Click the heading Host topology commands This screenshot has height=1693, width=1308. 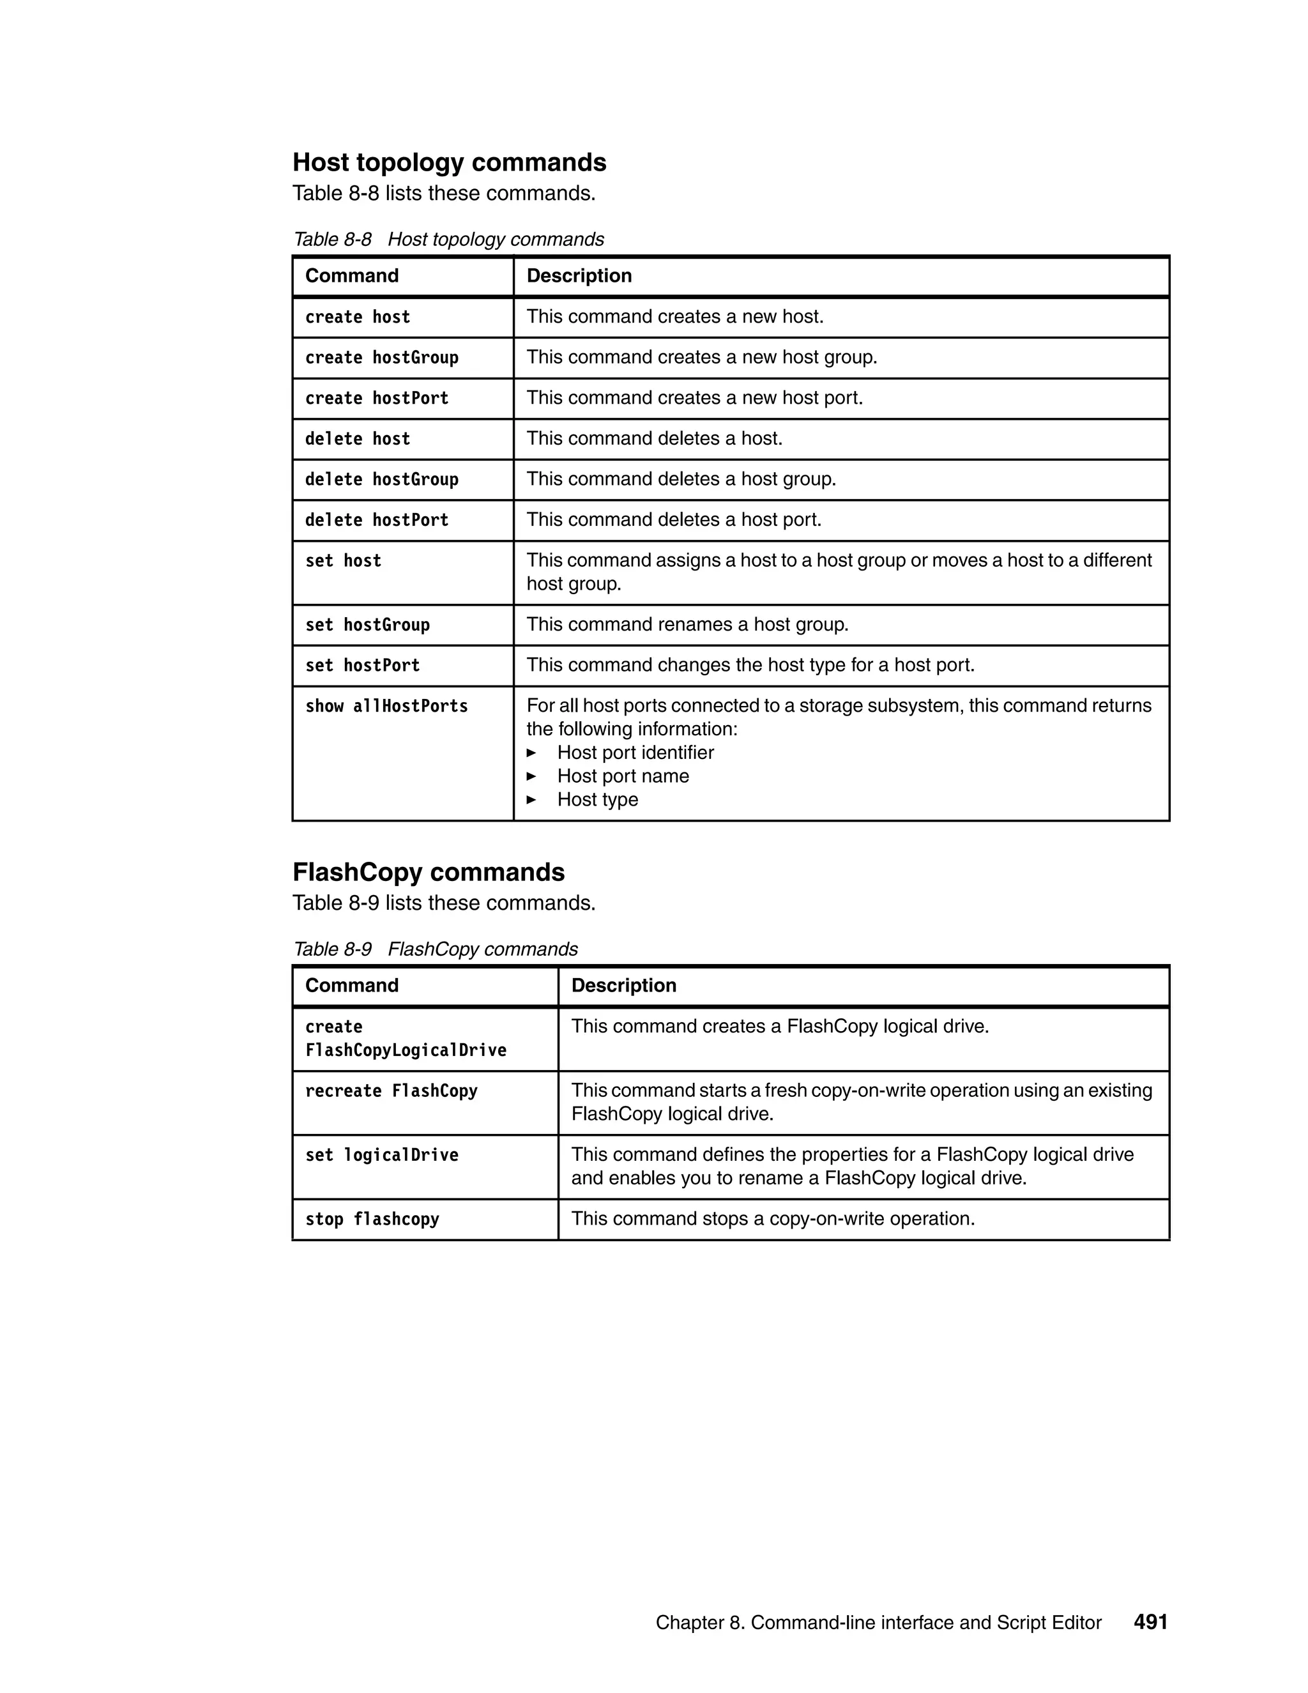450,162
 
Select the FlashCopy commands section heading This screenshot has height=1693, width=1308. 429,872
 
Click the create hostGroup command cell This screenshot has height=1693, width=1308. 381,357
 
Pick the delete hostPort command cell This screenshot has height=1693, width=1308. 377,520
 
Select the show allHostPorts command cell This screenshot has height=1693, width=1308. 386,706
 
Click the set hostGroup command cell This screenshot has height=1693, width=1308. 367,625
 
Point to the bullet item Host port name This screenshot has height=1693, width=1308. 622,776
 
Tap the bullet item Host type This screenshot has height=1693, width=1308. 597,799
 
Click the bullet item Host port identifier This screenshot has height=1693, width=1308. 635,753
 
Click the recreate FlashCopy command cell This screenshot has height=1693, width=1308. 392,1091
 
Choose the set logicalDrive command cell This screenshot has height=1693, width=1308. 381,1155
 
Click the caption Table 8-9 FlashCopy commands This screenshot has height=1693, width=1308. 436,949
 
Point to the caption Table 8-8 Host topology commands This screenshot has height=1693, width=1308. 448,239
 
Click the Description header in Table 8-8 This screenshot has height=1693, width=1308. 579,276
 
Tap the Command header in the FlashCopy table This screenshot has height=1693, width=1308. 352,985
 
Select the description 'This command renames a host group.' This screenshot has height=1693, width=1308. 687,625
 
